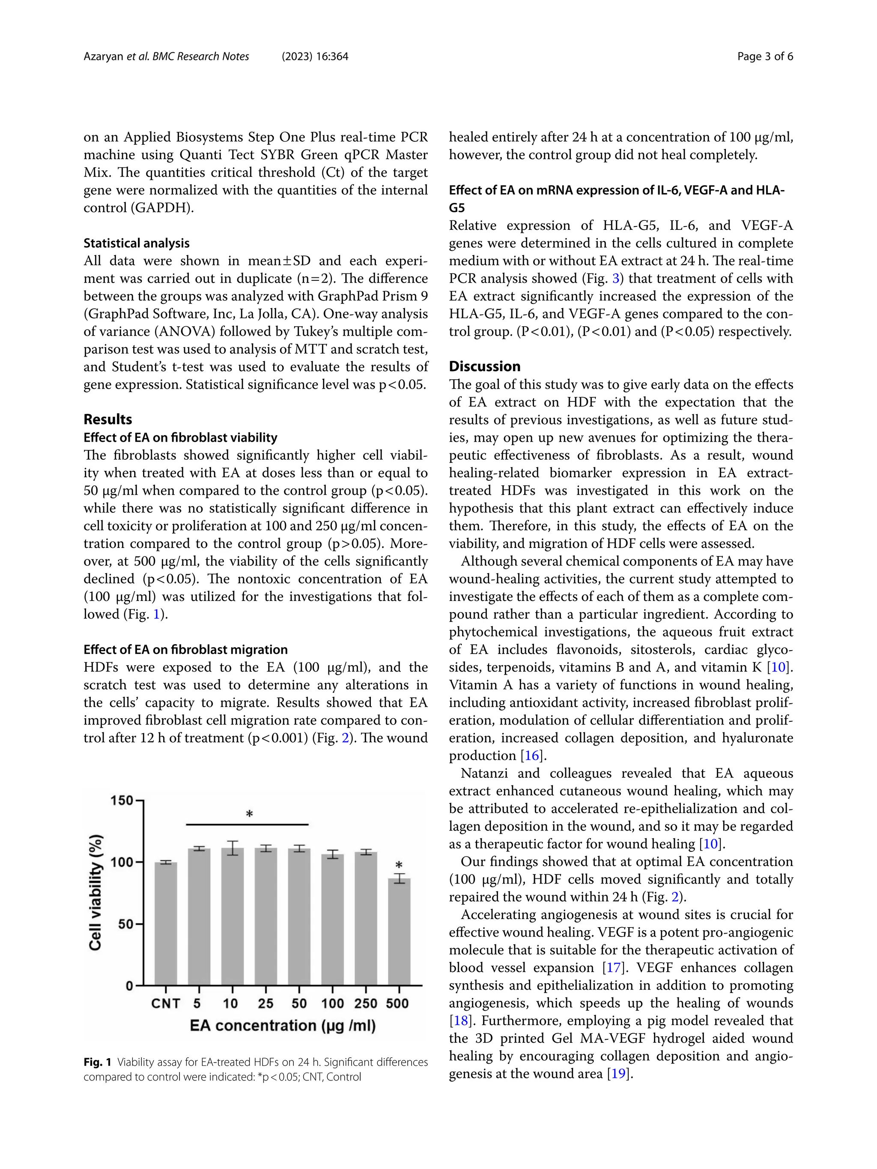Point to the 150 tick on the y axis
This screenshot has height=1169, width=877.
coord(122,800)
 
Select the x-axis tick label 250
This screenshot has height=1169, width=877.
coord(365,1004)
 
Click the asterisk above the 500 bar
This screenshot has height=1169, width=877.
coord(399,866)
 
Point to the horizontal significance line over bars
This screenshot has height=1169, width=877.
coord(248,824)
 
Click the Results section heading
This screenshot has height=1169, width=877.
coord(108,419)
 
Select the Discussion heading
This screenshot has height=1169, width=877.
coord(484,366)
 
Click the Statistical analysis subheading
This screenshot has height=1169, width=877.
coord(136,243)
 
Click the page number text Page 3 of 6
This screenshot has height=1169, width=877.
coord(765,57)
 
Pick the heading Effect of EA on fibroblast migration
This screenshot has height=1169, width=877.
coord(185,649)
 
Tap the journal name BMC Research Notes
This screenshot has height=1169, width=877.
coord(201,57)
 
